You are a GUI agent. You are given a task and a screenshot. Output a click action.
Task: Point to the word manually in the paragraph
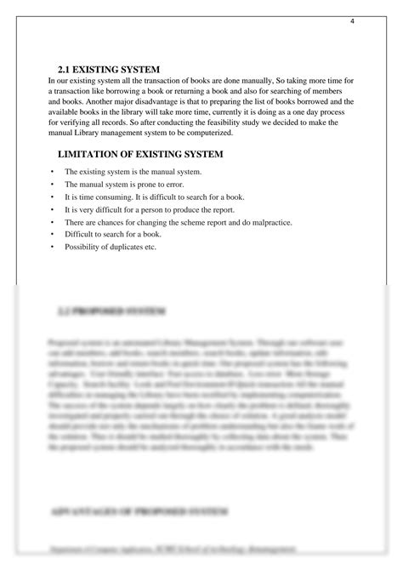(259, 80)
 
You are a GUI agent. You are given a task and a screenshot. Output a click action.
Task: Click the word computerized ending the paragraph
(231, 132)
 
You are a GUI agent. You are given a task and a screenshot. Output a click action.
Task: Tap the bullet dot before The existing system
(53, 172)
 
